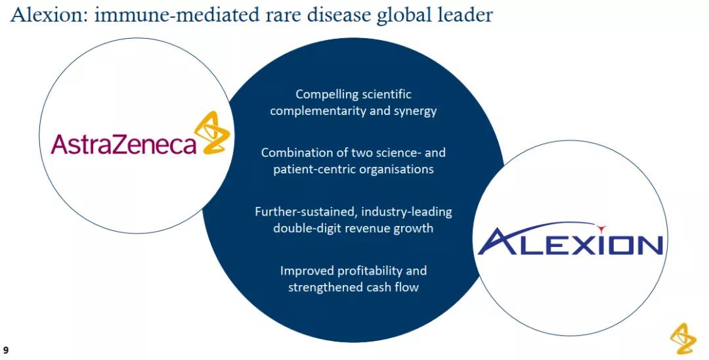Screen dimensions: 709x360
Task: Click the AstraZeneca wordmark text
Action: point(124,144)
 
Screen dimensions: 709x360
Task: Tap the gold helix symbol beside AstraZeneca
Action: point(212,133)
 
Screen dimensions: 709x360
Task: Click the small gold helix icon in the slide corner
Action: point(683,338)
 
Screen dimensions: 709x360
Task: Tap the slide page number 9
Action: point(5,350)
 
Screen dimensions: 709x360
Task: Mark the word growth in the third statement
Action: point(413,229)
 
